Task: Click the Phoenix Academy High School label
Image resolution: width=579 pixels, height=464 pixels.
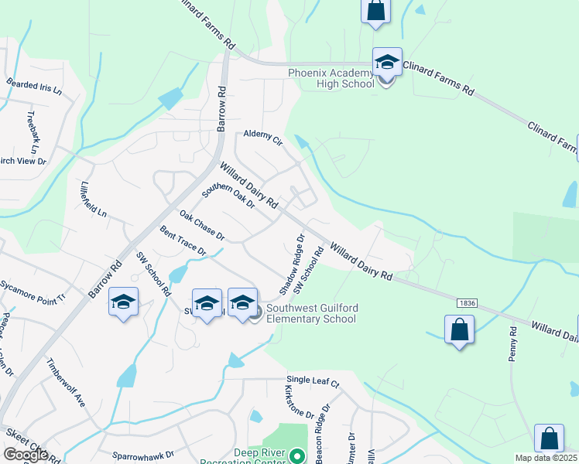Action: point(331,78)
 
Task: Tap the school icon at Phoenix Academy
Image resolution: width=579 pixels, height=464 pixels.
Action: point(387,62)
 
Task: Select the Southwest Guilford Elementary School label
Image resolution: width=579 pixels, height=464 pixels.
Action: point(312,313)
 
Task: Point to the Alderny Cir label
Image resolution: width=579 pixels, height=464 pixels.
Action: point(263,137)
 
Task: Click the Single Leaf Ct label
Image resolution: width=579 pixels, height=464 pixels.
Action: point(313,382)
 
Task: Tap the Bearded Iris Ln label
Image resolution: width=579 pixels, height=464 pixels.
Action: point(33,85)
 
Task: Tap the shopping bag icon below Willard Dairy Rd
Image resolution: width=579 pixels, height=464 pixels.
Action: point(459,329)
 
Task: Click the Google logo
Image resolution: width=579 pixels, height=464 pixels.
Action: point(26,455)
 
